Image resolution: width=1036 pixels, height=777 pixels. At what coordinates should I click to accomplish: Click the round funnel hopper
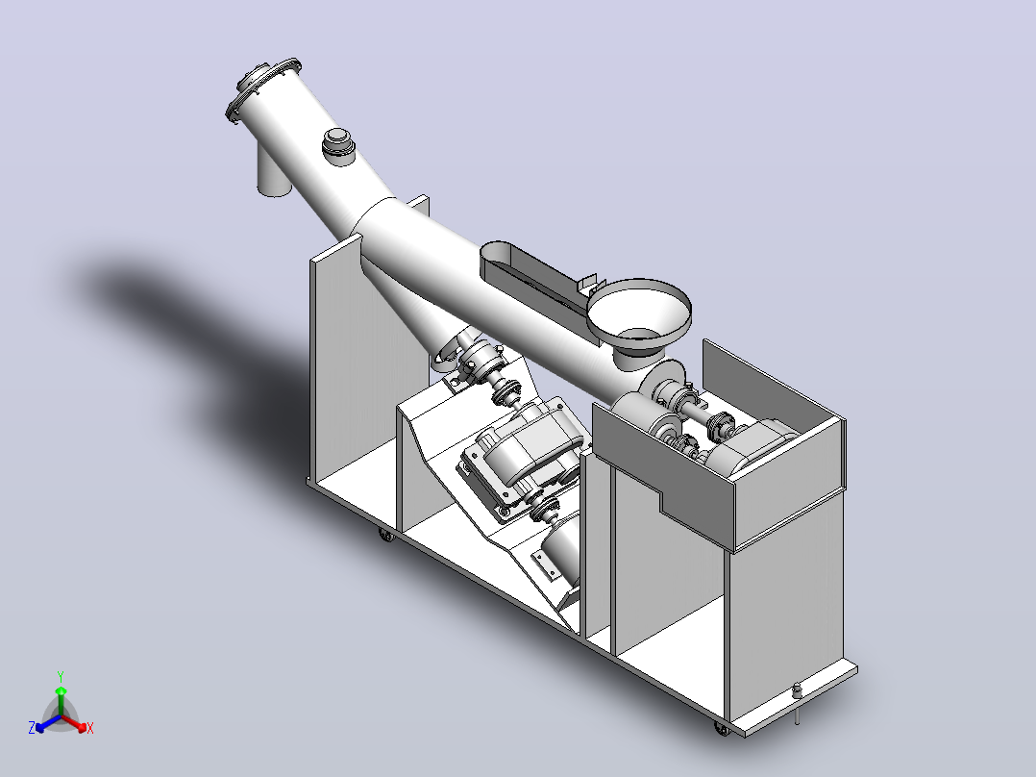click(639, 314)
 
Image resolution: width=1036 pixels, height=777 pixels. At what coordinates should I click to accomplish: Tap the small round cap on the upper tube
click(338, 144)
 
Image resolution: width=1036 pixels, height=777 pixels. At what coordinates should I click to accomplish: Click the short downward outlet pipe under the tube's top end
click(272, 172)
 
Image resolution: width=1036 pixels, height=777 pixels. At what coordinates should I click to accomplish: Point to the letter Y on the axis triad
click(61, 676)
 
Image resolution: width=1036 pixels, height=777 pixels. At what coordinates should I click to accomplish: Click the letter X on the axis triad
click(90, 728)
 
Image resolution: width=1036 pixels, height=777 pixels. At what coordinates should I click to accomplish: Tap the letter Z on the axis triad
click(32, 727)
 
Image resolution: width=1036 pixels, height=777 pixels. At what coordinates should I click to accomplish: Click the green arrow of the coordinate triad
click(61, 701)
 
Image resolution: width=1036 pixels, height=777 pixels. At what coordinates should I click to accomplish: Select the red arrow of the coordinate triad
click(74, 722)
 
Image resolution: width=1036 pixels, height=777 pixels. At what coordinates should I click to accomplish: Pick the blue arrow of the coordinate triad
click(48, 723)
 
